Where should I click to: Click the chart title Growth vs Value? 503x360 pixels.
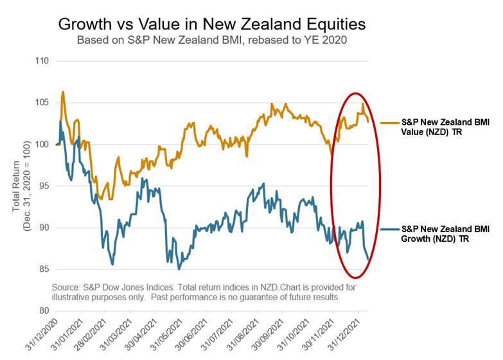[212, 24]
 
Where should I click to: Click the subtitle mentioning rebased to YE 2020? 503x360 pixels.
[212, 40]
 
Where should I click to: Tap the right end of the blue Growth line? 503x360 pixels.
[368, 260]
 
